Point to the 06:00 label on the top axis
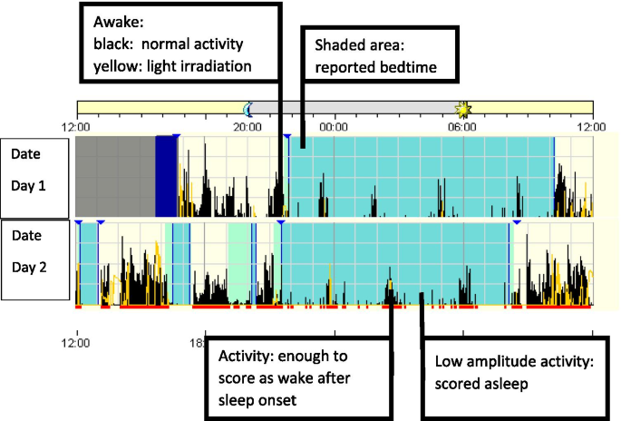point(462,127)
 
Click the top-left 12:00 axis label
point(77,127)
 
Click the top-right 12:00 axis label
point(591,127)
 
